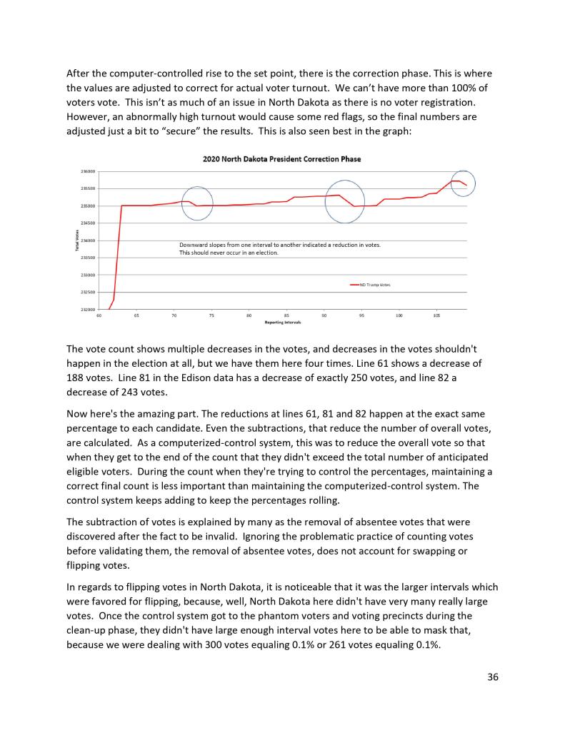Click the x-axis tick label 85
coord(286,315)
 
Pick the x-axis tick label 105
coord(436,315)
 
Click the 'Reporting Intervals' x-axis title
coord(282,323)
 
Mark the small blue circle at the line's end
coord(463,184)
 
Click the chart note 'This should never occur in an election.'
coord(229,253)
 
